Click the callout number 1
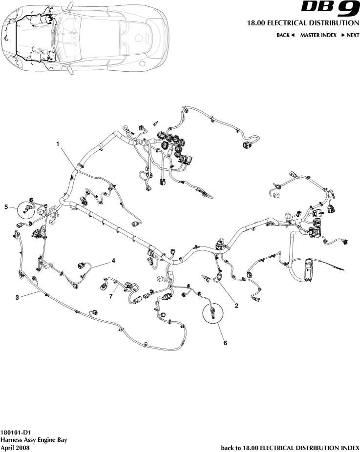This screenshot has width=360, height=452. click(58, 144)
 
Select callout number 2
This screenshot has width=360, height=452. click(236, 306)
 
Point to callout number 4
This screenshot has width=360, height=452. click(113, 261)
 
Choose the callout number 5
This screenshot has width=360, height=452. click(7, 207)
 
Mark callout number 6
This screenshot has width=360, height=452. click(225, 343)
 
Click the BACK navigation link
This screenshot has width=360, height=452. click(285, 36)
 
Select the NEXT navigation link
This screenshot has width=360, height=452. click(350, 36)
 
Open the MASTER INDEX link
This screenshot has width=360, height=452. click(318, 36)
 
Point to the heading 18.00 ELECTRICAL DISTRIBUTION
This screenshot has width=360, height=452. click(300, 23)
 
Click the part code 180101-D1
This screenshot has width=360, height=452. click(16, 432)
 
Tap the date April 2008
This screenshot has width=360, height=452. click(16, 447)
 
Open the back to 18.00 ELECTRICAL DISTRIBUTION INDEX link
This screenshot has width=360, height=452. click(290, 447)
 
